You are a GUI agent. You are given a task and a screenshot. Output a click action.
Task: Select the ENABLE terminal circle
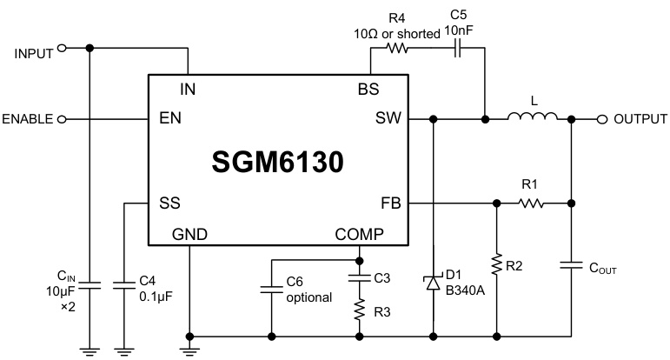coord(62,119)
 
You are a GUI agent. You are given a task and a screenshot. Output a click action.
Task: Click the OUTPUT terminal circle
coord(602,119)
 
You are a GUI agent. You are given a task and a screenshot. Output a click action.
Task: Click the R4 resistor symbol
coord(398,50)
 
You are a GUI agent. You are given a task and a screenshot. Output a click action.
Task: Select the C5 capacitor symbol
coord(457,50)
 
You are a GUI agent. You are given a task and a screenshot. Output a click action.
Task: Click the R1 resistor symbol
coord(531,204)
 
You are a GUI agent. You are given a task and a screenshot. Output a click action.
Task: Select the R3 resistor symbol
coord(359,310)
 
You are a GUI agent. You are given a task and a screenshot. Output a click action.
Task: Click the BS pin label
coord(368,89)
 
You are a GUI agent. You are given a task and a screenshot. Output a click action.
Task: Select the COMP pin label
coord(359,234)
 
